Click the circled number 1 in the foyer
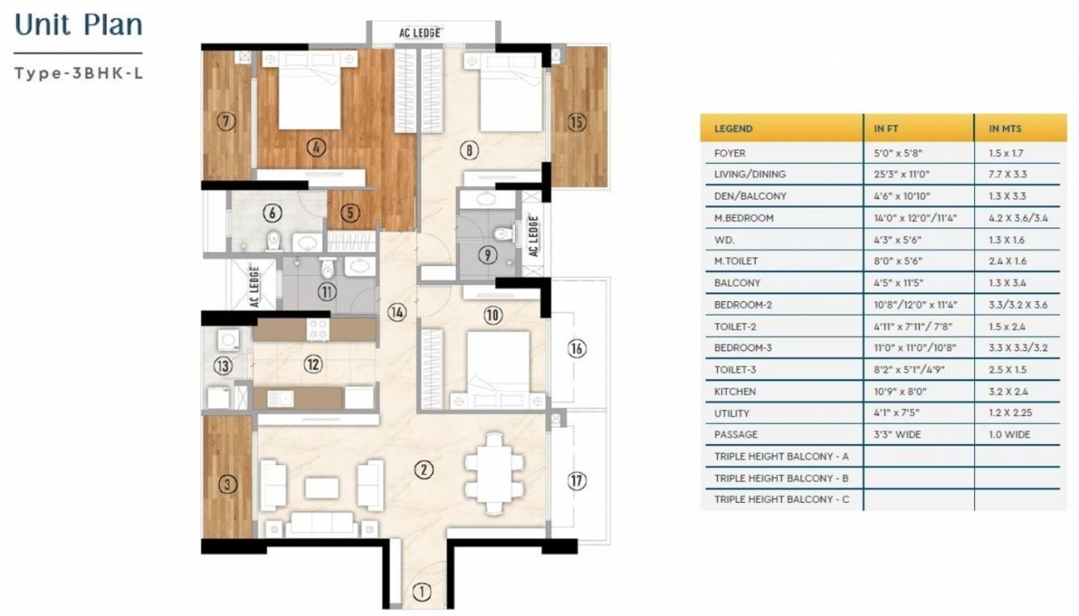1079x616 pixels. tap(421, 591)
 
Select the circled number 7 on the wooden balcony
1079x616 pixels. tap(227, 122)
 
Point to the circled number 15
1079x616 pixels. tap(576, 122)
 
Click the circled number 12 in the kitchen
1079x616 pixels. tap(313, 364)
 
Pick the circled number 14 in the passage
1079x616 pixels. tap(396, 312)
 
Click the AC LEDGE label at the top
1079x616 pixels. tap(420, 33)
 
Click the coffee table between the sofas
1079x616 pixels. tap(322, 488)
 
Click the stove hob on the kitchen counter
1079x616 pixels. tap(317, 328)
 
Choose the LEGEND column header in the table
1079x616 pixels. tap(733, 128)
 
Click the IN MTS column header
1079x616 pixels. tap(1006, 128)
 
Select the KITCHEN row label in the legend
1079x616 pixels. tap(735, 392)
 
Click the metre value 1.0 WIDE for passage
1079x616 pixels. tap(1009, 434)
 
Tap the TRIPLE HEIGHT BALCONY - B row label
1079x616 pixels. tap(781, 478)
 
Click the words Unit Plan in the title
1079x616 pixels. tap(79, 25)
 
